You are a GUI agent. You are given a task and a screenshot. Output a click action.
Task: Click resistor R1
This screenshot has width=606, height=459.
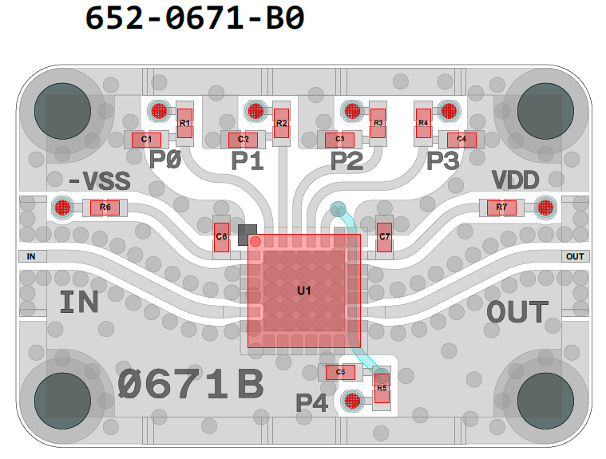pos(185,123)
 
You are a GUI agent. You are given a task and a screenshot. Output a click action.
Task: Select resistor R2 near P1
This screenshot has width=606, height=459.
pos(281,123)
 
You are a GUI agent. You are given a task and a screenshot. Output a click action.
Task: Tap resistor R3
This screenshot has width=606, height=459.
pos(378,123)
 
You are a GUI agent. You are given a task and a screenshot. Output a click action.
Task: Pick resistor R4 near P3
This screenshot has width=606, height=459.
pos(423,123)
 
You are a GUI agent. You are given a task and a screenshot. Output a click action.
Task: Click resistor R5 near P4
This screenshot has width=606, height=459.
pos(382,388)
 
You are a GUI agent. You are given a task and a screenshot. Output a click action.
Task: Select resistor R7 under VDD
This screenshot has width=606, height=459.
pos(501,208)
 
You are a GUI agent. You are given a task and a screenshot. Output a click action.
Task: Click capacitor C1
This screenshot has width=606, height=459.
pos(146,140)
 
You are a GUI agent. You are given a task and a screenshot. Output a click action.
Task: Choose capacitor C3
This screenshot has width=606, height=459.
pos(340,140)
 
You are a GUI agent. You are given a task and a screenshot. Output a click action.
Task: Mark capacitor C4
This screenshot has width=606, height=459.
pos(461,140)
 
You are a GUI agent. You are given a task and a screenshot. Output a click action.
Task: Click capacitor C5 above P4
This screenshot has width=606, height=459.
pos(340,372)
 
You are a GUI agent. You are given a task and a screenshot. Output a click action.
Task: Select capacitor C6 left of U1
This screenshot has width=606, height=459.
pos(222,236)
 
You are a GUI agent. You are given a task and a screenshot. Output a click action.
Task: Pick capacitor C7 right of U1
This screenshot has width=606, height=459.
pos(384,236)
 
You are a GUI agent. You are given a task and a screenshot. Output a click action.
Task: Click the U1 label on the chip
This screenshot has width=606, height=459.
pos(303,290)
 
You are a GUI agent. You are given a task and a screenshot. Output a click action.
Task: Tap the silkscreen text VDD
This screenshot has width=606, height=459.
pos(515,180)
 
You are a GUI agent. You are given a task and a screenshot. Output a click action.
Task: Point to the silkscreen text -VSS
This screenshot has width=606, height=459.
pos(99,182)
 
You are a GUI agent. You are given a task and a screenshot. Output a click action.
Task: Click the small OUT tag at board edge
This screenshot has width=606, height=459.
pos(574,256)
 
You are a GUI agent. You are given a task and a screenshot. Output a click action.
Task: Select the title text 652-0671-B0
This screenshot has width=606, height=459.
pos(195,18)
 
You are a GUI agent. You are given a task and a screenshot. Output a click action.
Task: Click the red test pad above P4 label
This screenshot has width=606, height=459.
pos(351,401)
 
